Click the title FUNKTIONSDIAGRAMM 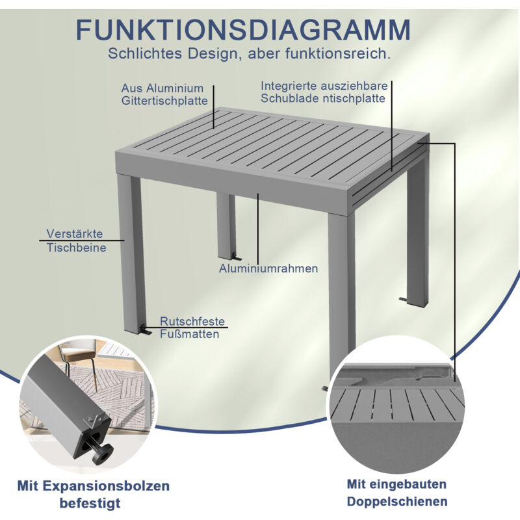(x=243, y=30)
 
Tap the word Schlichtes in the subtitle (x=145, y=53)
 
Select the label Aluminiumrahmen (x=268, y=268)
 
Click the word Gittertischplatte (x=164, y=101)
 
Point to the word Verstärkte (x=75, y=233)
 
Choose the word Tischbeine (x=76, y=248)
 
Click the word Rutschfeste (x=192, y=321)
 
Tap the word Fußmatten (x=189, y=334)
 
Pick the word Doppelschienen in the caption (x=397, y=501)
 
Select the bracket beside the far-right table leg (x=403, y=299)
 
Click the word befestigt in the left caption (x=90, y=503)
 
